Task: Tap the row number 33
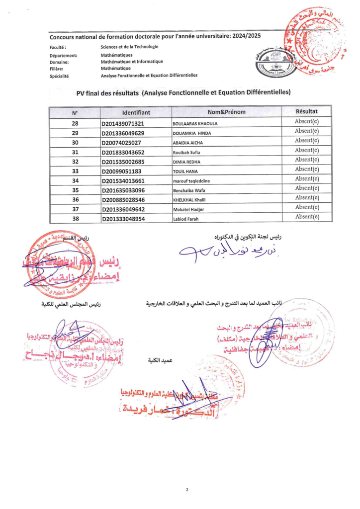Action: (75, 171)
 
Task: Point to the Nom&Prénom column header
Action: (227, 112)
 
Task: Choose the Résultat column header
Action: (306, 111)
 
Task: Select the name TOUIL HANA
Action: (185, 171)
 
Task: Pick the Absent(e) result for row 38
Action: (306, 217)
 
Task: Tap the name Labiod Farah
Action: (186, 219)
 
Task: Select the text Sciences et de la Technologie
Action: (129, 47)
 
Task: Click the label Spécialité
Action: (59, 76)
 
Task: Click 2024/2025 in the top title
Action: (244, 36)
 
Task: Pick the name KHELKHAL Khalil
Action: (189, 200)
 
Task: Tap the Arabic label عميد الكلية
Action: (159, 359)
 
